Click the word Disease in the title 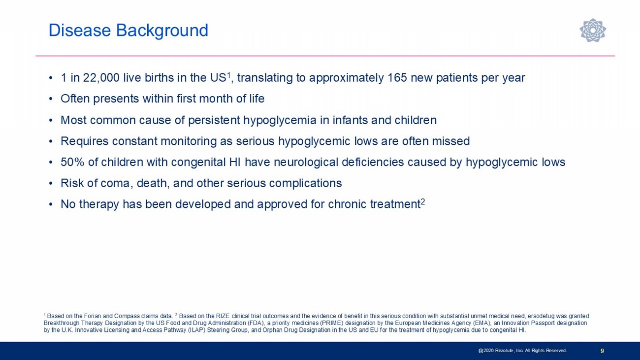click(x=80, y=30)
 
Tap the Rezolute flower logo click(x=593, y=30)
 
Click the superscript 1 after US click(x=228, y=75)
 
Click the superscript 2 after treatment click(x=423, y=202)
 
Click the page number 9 click(x=602, y=351)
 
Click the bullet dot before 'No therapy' click(x=51, y=204)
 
